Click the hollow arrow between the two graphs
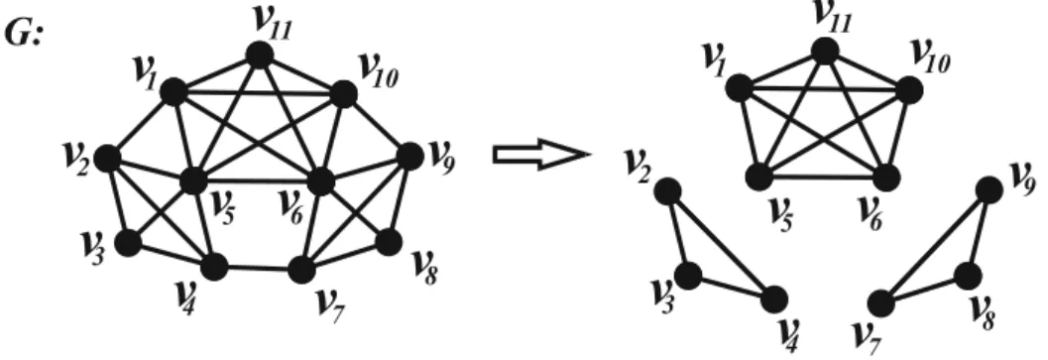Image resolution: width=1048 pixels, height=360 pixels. [541, 155]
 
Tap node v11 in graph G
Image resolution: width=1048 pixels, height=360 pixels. [260, 56]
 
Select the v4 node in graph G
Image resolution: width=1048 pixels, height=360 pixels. [214, 267]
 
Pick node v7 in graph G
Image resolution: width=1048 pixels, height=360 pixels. [301, 271]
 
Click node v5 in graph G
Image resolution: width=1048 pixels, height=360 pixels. [194, 180]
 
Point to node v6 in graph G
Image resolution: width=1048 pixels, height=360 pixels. [320, 181]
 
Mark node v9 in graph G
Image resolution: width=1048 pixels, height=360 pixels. [409, 156]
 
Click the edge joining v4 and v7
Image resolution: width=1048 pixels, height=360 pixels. [258, 269]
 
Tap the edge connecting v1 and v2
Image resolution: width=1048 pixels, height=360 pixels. [140, 124]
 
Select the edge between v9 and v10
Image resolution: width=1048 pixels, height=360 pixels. [377, 125]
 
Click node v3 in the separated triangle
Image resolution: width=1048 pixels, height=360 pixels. [688, 275]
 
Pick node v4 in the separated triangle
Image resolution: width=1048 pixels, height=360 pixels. [774, 300]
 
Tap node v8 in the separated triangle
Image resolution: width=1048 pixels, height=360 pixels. [967, 275]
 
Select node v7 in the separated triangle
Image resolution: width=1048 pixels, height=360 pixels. [881, 303]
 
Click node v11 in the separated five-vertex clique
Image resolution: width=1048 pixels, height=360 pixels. [824, 52]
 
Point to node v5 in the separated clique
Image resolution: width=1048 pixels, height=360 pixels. [757, 177]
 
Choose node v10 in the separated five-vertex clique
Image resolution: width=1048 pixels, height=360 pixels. [909, 89]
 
